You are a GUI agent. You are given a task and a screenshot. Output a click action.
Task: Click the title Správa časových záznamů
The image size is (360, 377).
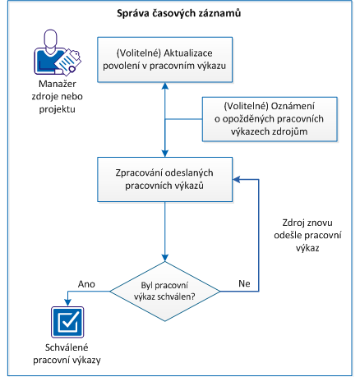pos(180,14)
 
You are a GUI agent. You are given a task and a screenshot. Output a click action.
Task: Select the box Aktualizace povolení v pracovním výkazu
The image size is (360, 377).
pos(165,60)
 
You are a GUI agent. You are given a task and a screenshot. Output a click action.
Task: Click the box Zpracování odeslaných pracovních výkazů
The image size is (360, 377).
pos(165,179)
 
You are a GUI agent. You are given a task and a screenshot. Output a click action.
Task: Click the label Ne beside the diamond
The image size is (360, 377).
pos(243,283)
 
